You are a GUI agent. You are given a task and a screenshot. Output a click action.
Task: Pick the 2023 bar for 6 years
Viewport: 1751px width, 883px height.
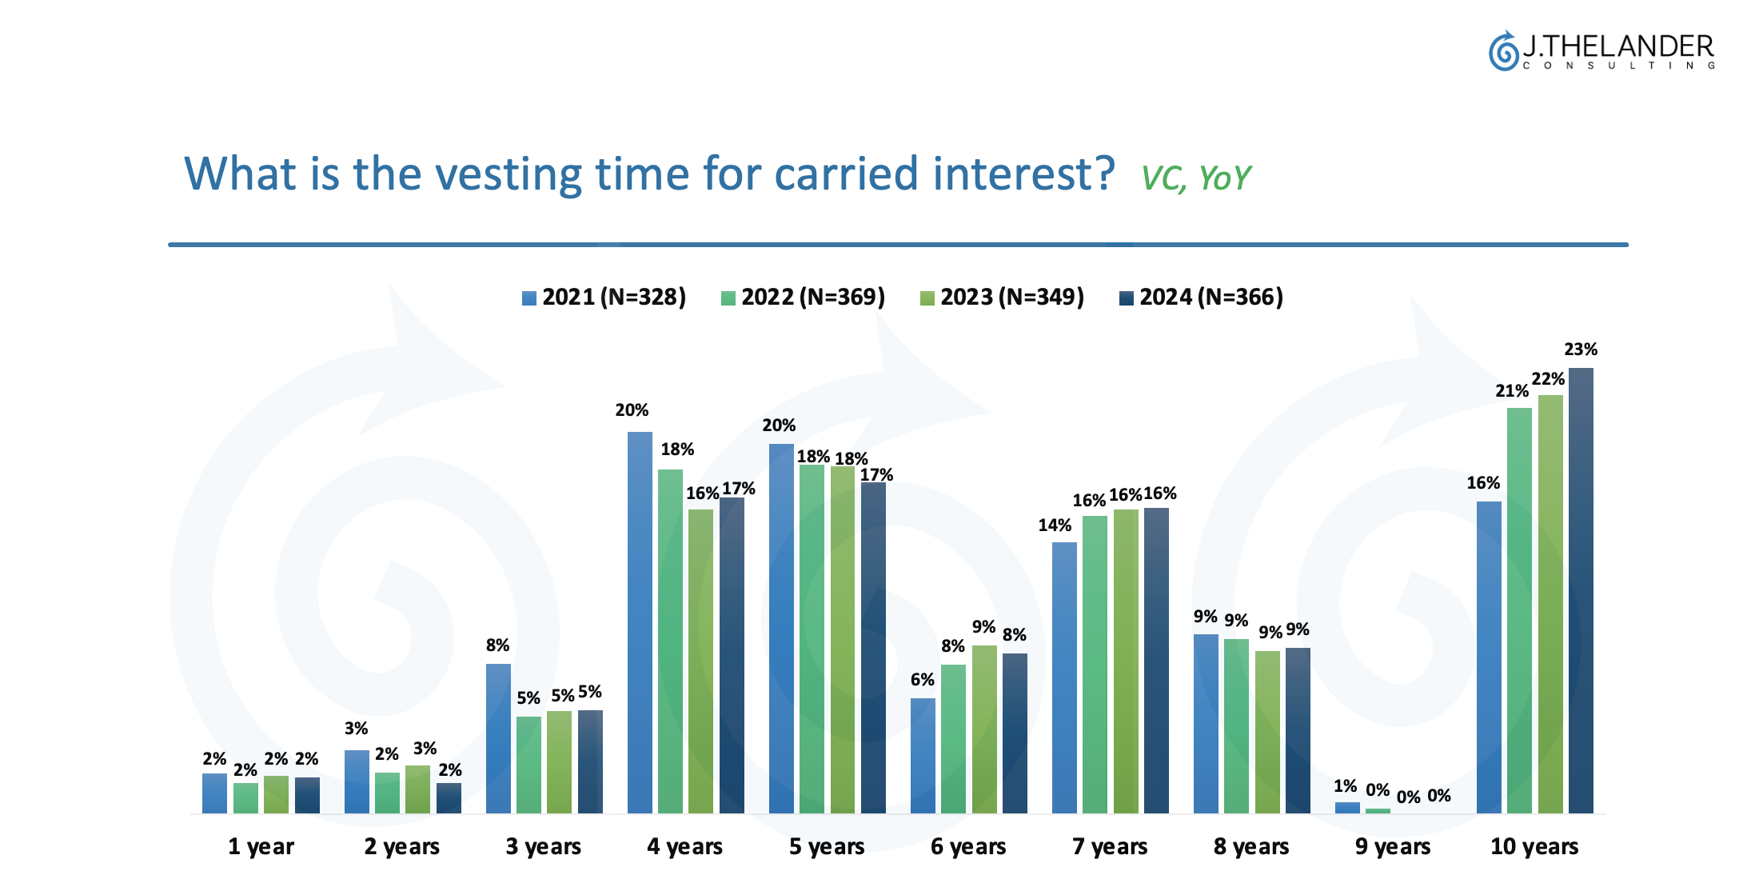(x=984, y=729)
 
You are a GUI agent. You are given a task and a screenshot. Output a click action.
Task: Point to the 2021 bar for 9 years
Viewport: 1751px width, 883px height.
(x=1347, y=808)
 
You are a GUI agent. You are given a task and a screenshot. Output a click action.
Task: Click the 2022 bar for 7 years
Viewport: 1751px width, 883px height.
(x=1095, y=665)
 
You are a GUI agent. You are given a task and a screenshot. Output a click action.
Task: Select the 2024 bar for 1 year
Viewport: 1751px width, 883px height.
(x=307, y=795)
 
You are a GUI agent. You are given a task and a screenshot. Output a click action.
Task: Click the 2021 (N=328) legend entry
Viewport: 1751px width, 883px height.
(x=604, y=298)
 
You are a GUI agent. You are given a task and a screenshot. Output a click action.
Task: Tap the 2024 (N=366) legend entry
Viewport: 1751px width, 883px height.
(x=1201, y=298)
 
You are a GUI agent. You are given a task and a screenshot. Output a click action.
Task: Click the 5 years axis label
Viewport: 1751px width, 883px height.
(x=827, y=846)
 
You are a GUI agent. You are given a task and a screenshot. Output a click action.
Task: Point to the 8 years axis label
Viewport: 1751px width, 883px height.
(x=1251, y=846)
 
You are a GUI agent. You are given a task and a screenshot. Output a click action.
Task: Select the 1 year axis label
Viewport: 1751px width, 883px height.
(x=261, y=846)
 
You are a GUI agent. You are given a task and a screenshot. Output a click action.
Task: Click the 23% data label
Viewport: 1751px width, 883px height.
(x=1581, y=350)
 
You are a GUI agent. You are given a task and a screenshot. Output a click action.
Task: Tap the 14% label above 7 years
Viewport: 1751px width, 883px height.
(x=1055, y=525)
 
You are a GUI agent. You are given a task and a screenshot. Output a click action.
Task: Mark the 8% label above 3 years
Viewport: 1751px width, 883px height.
(x=497, y=645)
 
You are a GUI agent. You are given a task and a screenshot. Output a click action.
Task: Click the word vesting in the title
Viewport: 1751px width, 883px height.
(x=513, y=174)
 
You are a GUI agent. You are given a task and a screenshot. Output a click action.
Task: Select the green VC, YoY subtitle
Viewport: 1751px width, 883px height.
(x=1195, y=178)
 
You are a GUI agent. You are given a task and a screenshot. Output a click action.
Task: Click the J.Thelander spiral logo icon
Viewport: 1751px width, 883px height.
(x=1503, y=52)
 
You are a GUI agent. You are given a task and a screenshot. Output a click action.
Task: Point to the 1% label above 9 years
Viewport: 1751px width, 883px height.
(x=1345, y=786)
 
